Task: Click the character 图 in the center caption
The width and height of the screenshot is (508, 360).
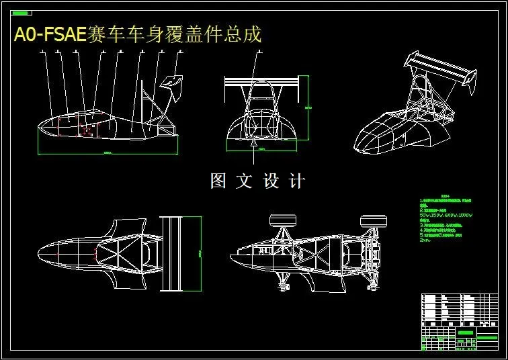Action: pyautogui.click(x=218, y=181)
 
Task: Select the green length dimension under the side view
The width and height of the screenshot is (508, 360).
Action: pyautogui.click(x=108, y=153)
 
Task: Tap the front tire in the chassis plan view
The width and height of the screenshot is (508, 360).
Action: pyautogui.click(x=282, y=220)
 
